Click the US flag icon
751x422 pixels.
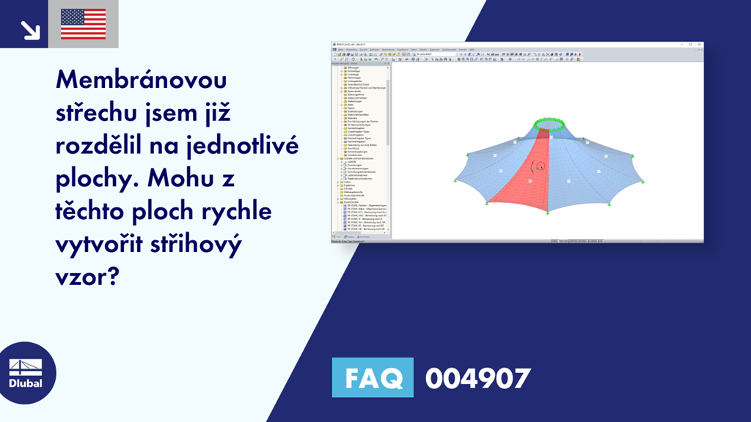[83, 24]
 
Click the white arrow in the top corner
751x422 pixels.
[30, 29]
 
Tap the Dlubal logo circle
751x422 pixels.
[25, 372]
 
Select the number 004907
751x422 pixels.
[477, 378]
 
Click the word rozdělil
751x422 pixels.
[101, 145]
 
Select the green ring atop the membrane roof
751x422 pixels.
[549, 124]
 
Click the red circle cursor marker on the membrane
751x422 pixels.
[540, 166]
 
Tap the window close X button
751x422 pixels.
[700, 45]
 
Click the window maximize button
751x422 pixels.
[694, 45]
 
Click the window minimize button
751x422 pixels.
[688, 45]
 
